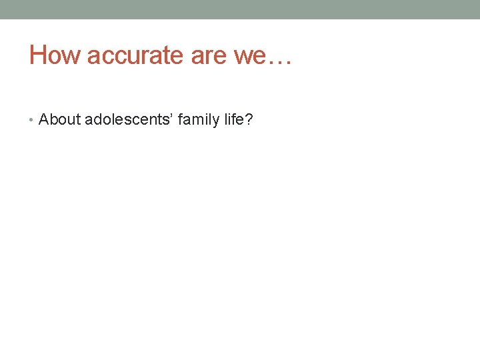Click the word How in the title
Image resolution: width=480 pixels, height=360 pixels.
point(54,55)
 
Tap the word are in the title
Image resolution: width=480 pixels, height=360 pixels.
point(209,55)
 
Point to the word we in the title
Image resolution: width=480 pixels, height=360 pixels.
point(249,55)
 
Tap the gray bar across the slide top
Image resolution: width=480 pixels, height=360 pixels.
point(240,9)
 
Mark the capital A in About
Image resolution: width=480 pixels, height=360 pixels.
point(44,120)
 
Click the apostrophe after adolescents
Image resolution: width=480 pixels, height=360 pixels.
point(171,116)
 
